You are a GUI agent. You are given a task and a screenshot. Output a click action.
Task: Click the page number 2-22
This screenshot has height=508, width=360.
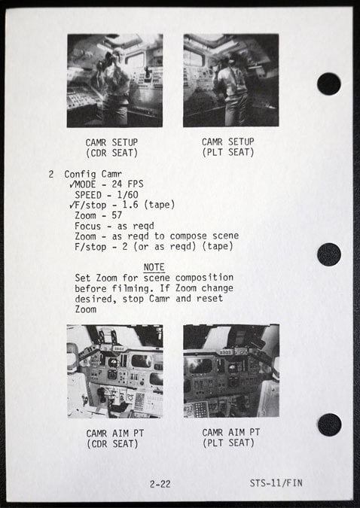point(160,484)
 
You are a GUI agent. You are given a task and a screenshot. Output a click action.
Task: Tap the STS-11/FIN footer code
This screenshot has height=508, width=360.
point(276,483)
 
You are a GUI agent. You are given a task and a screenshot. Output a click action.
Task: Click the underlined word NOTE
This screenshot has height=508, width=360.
point(154,267)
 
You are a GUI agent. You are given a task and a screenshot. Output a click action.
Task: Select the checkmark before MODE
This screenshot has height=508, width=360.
point(72,184)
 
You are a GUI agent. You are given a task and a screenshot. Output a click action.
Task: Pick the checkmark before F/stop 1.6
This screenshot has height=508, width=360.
point(72,205)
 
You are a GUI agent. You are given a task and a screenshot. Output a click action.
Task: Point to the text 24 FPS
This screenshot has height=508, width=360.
point(127,184)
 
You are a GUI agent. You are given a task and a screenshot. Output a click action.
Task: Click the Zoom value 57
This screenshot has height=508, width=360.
point(117,215)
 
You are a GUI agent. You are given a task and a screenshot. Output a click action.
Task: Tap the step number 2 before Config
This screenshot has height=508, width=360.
point(51,175)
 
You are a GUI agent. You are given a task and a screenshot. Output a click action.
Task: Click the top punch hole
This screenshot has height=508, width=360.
point(329,84)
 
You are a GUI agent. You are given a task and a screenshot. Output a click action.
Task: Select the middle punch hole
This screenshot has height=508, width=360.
point(329,254)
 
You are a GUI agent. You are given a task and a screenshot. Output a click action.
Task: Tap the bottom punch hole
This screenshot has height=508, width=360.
point(330,424)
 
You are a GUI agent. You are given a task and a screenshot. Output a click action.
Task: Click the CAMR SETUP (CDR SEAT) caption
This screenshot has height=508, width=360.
point(111,148)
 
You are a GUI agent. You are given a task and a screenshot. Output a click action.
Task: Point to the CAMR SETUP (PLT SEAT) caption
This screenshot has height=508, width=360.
point(228,147)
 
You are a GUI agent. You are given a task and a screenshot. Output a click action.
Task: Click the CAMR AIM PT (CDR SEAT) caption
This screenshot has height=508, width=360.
point(114,438)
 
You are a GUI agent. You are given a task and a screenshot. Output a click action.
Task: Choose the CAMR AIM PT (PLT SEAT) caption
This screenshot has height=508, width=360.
point(231,437)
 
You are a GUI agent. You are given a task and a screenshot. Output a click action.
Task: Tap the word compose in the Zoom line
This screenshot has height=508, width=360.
point(188,236)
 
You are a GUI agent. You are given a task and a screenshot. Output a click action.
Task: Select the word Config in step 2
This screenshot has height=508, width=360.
point(80,175)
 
